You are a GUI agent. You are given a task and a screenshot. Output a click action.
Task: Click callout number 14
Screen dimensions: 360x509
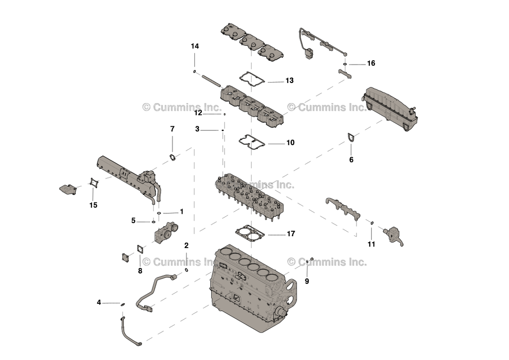[x=195, y=46]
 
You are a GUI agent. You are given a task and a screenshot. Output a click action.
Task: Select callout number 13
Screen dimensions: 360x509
[x=289, y=81]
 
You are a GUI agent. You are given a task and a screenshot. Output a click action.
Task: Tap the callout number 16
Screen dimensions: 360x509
[x=371, y=64]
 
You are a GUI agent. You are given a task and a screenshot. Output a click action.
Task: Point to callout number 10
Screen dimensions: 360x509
[x=289, y=143]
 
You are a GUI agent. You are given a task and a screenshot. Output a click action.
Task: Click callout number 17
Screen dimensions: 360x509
[x=291, y=234]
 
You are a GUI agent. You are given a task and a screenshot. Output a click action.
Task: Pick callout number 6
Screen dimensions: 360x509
[x=351, y=160]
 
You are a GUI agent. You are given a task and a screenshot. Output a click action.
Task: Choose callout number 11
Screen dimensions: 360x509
[x=371, y=244]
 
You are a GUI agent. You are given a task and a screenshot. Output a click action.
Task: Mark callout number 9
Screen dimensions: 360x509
[x=307, y=281]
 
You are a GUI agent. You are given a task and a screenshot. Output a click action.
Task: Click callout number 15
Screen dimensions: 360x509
[x=93, y=205]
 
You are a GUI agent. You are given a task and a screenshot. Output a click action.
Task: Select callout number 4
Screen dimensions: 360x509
[x=99, y=302]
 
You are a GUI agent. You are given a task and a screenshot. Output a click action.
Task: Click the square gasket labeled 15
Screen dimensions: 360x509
[x=93, y=184]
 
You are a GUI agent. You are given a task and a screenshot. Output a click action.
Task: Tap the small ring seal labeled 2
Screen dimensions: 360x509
[x=186, y=270]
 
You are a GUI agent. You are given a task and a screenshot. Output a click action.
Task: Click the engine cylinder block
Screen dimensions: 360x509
[x=249, y=293]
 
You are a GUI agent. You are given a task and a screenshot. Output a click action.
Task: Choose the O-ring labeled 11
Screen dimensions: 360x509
[x=372, y=223]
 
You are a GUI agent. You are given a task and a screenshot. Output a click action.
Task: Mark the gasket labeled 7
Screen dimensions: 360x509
[x=172, y=158]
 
